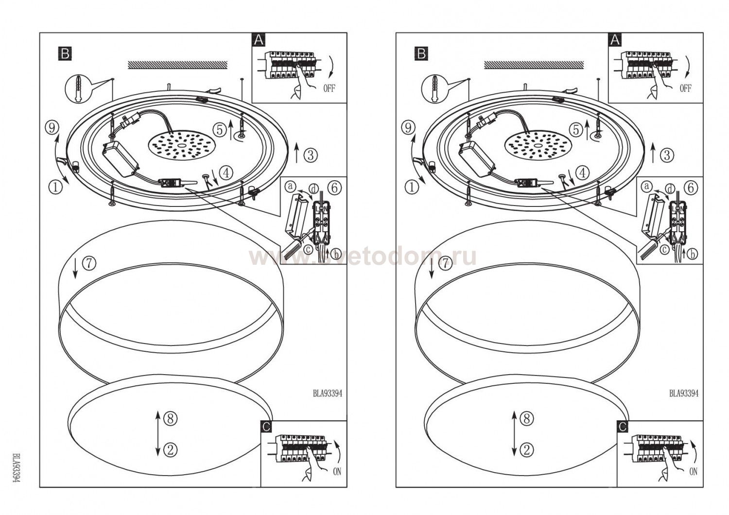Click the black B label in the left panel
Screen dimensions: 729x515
[x=65, y=53]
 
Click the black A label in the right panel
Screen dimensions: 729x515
[x=615, y=40]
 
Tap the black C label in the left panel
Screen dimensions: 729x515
[x=266, y=427]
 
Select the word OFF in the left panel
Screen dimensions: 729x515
[x=329, y=88]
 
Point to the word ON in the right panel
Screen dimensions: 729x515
[x=694, y=471]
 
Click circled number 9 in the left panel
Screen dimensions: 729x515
[x=52, y=128]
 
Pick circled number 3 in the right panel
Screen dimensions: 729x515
[x=667, y=155]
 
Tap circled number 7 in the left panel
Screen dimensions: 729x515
[x=88, y=263]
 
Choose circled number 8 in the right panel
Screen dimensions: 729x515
[x=526, y=418]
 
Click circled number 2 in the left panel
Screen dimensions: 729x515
[x=171, y=450]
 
